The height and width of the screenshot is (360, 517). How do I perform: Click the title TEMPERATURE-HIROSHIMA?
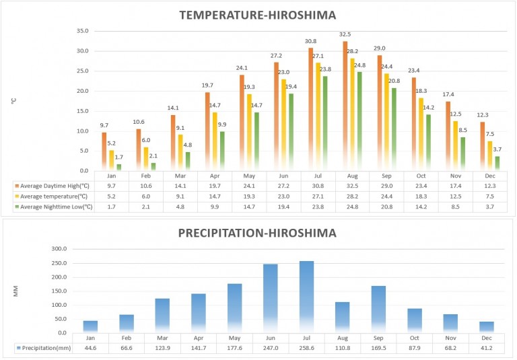click(258, 15)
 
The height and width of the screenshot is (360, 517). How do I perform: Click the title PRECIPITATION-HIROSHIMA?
click(258, 233)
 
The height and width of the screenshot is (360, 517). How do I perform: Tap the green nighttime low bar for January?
click(119, 166)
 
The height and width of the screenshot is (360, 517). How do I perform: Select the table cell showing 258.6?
click(306, 348)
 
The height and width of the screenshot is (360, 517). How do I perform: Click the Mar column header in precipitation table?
click(162, 338)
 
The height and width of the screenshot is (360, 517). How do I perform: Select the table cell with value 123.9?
click(162, 348)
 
